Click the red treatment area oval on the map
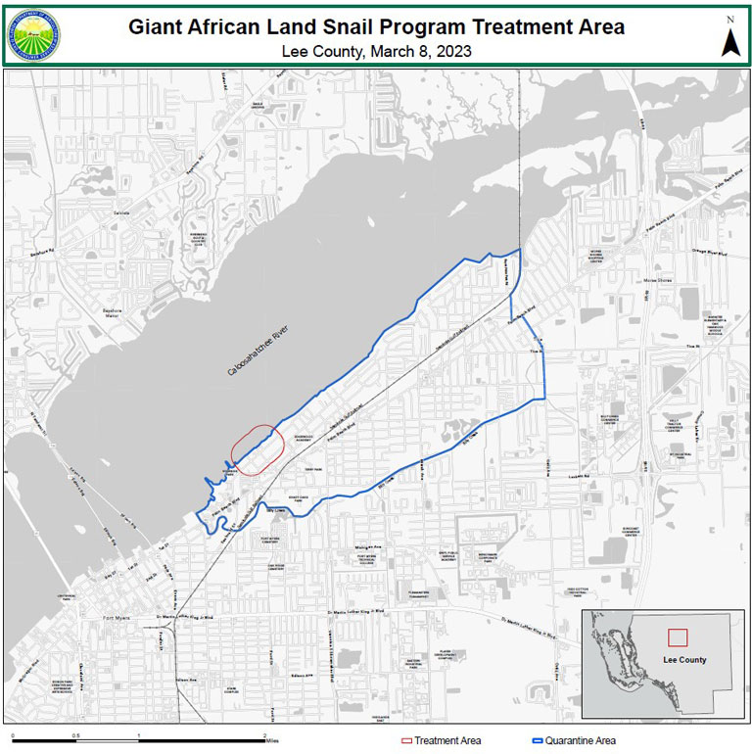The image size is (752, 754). [x=258, y=449]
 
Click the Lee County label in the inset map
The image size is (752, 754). [x=684, y=660]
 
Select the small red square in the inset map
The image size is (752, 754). [x=677, y=637]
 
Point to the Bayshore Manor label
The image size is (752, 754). [x=91, y=314]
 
